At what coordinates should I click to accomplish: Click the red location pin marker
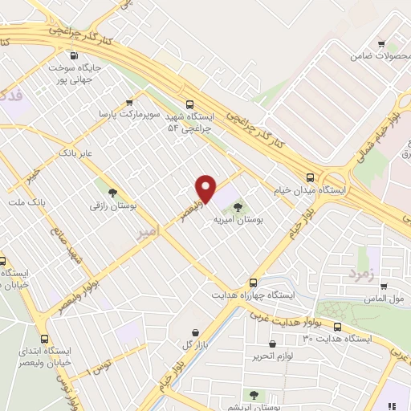[206, 188]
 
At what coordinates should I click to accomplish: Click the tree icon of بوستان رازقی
[111, 193]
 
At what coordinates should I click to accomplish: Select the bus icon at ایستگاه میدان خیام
[311, 178]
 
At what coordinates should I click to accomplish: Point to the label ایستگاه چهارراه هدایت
[252, 295]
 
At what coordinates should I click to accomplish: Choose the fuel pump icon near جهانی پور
[74, 56]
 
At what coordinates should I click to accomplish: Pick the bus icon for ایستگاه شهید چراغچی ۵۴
[190, 104]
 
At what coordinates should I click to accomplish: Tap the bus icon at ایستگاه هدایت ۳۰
[337, 327]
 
